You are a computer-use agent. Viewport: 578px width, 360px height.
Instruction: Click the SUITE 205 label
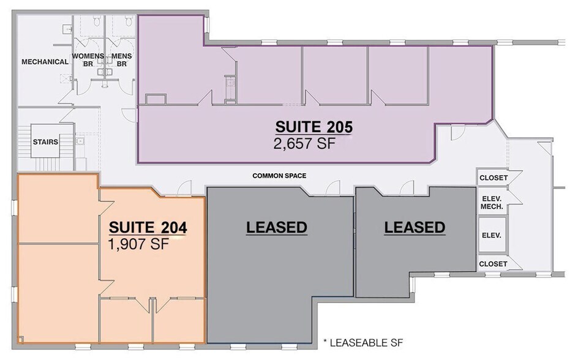(314, 127)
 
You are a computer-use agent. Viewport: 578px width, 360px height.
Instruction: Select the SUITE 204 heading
(148, 228)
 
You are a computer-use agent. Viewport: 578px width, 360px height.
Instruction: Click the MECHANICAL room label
(45, 62)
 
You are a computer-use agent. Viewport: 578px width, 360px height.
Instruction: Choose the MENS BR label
(121, 60)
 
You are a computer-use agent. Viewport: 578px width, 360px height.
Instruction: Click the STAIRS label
(45, 142)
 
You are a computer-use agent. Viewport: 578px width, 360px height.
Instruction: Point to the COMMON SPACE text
(279, 176)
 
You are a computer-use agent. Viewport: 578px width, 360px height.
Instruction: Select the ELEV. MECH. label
(492, 203)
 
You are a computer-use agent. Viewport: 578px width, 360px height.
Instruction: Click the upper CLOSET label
(494, 178)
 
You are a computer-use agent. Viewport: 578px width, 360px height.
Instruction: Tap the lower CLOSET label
(494, 264)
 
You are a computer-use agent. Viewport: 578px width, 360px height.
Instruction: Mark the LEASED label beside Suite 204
(276, 228)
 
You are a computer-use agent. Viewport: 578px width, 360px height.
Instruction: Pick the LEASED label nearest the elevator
(414, 228)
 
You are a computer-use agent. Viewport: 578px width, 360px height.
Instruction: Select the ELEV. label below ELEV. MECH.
(492, 236)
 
